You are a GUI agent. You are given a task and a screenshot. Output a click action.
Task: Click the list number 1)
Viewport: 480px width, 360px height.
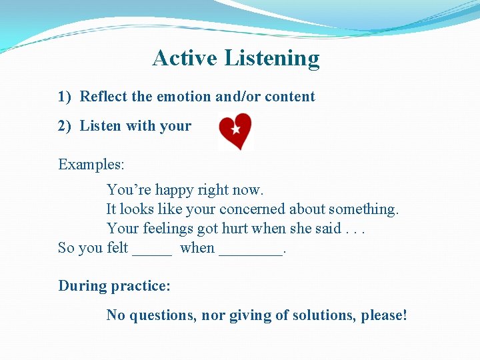65,97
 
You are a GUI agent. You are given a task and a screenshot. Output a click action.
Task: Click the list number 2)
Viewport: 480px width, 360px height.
65,126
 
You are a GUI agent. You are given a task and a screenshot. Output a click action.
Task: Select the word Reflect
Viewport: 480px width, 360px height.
104,97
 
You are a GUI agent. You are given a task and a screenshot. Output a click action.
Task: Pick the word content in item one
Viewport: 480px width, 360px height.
289,97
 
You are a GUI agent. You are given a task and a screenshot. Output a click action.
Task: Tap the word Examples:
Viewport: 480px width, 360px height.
91,164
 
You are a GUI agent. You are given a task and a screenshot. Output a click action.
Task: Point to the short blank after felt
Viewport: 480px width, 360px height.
152,252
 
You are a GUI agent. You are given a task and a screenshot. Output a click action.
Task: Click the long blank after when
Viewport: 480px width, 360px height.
251,252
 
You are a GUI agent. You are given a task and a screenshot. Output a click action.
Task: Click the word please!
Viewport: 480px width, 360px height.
384,315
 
